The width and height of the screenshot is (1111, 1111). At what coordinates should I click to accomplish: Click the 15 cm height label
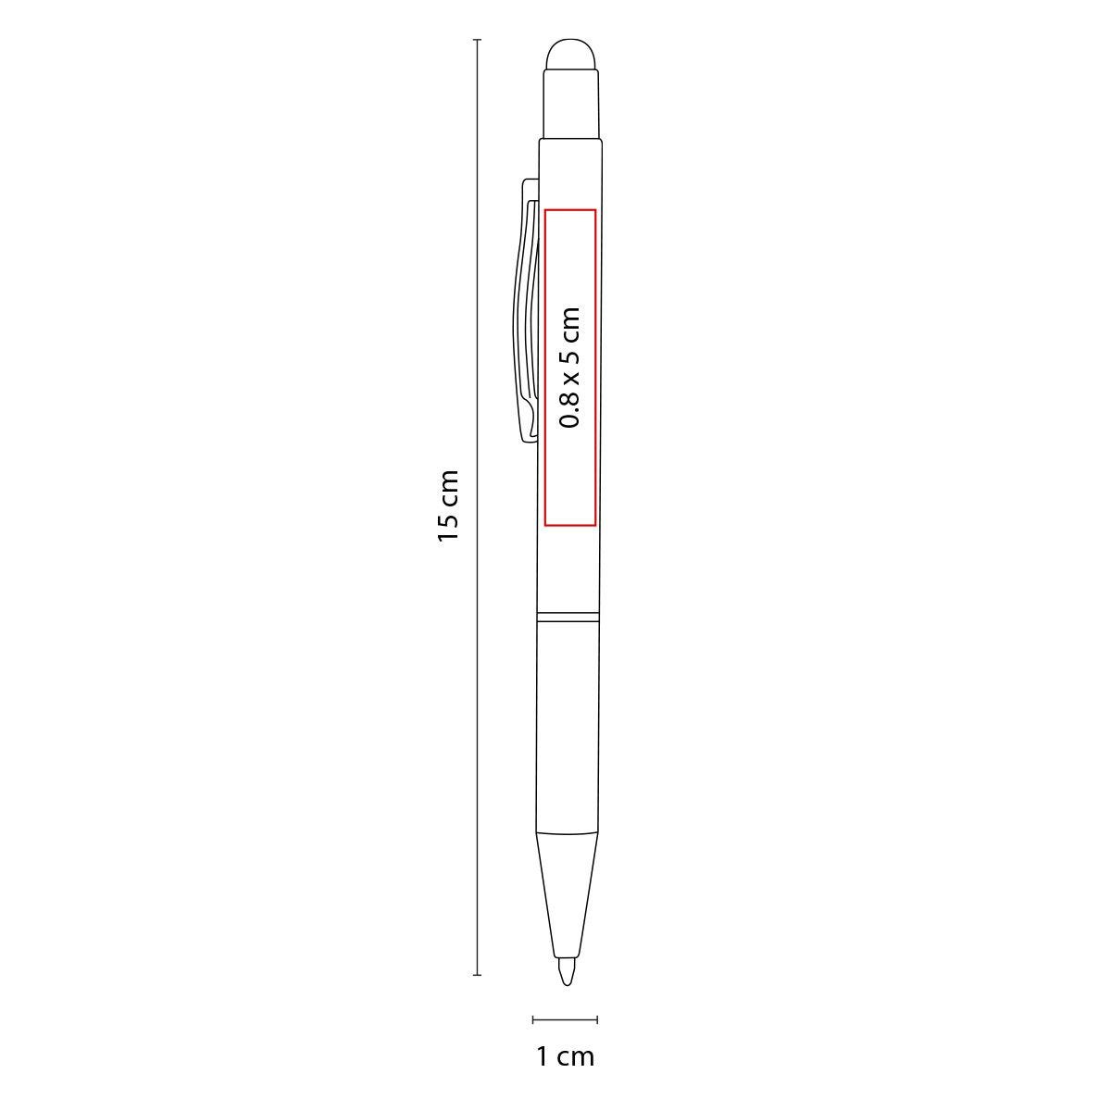click(x=448, y=506)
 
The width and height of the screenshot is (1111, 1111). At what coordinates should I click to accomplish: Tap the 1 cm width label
click(x=565, y=1055)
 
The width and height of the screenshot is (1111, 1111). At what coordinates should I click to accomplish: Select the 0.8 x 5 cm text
click(x=570, y=368)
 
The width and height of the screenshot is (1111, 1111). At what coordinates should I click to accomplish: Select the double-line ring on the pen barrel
click(x=568, y=615)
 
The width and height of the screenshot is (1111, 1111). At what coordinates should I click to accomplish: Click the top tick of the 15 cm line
click(x=477, y=41)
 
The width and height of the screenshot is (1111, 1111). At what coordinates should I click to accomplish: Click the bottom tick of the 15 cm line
click(x=477, y=975)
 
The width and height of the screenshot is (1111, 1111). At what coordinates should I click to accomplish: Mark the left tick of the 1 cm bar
click(x=533, y=1019)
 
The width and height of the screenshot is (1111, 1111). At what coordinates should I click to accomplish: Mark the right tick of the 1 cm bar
click(x=597, y=1019)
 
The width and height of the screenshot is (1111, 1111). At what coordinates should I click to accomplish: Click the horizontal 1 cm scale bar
click(x=565, y=1019)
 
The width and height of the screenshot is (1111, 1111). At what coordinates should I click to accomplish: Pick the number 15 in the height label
click(x=448, y=531)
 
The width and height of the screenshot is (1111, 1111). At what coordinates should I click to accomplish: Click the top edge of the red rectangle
click(x=570, y=209)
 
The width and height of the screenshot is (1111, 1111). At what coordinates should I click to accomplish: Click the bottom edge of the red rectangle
click(x=570, y=526)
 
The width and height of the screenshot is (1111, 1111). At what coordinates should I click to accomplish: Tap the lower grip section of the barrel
click(x=568, y=722)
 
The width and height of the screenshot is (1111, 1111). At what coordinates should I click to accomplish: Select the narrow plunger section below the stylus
click(x=570, y=104)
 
